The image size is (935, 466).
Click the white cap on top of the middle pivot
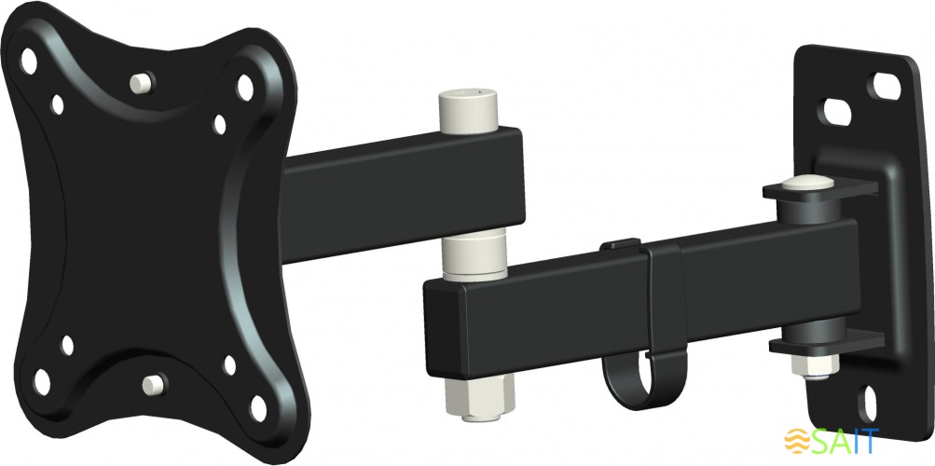pyautogui.click(x=468, y=112)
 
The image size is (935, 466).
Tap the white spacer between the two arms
pyautogui.click(x=474, y=257)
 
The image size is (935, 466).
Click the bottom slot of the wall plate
pyautogui.click(x=869, y=404)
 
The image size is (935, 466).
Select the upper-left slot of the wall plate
pyautogui.click(x=836, y=112)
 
